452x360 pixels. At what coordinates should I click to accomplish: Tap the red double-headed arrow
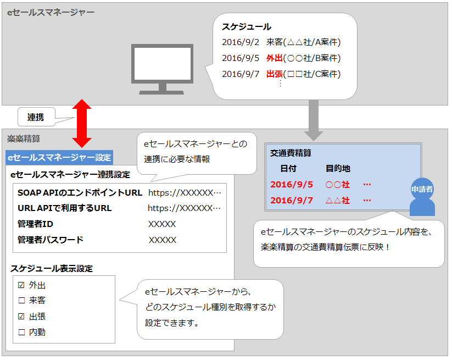pos(81,123)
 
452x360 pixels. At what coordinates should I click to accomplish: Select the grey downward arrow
pos(314,119)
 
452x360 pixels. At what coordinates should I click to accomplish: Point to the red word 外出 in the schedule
pos(274,58)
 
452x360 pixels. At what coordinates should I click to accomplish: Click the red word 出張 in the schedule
pos(274,74)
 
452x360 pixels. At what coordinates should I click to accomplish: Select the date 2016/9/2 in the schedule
pos(240,42)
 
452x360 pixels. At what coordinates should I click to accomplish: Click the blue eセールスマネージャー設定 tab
pos(59,158)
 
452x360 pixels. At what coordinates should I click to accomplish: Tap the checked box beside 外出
pos(21,285)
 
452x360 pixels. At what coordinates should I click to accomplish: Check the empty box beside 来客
pos(21,301)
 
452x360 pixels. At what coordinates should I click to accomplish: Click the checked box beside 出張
pos(21,317)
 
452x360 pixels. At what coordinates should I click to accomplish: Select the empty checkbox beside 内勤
pos(21,332)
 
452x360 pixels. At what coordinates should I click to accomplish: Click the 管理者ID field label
pos(35,224)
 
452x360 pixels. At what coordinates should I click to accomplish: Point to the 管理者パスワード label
pos(51,240)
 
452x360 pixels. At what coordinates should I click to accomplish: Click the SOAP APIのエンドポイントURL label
pos(80,193)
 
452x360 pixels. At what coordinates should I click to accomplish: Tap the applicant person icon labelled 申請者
pos(422,197)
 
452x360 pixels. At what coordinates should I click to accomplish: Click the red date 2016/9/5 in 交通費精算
pos(291,185)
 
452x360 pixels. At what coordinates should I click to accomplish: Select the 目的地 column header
pos(338,168)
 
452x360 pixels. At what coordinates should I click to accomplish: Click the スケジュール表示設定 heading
pos(52,269)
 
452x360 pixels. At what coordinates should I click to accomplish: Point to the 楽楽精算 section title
pos(24,139)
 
